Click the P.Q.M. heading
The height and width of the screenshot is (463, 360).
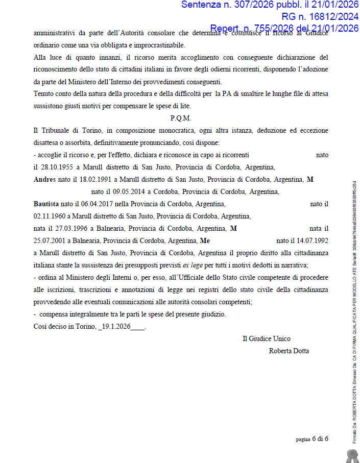(181, 118)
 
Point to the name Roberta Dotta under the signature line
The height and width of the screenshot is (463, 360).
(289, 351)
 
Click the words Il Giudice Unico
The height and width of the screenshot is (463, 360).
(267, 338)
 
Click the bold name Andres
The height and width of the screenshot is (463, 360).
(45, 179)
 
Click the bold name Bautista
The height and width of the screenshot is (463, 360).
(46, 204)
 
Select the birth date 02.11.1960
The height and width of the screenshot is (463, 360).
(49, 216)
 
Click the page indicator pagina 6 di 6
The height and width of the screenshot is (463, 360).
(312, 439)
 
